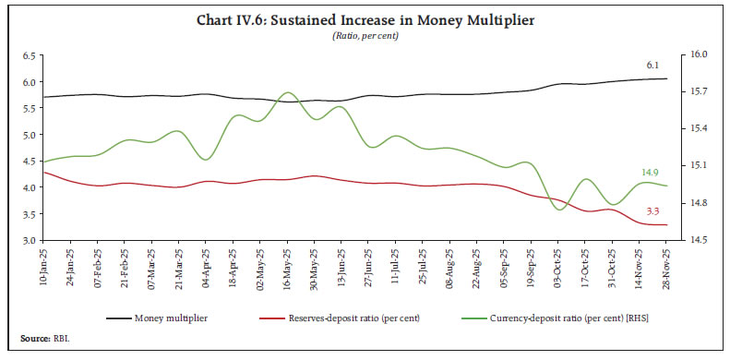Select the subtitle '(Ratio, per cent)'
(x=365, y=35)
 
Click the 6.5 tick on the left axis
(x=29, y=55)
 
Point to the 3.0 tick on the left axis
(x=29, y=240)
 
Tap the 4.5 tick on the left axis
(x=29, y=161)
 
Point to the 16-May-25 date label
(x=287, y=267)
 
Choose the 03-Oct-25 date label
(x=558, y=267)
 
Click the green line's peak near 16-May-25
(x=287, y=92)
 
